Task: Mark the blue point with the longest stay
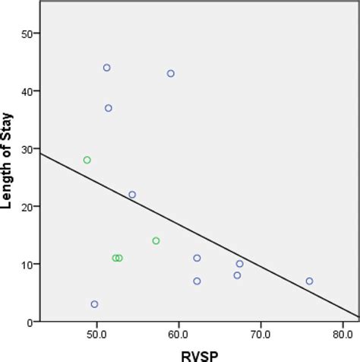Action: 107,68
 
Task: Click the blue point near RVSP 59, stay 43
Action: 171,74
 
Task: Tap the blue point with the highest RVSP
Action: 309,281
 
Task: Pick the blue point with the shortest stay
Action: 94,304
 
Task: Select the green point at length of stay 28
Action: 87,160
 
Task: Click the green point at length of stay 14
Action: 156,241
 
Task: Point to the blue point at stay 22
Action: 132,195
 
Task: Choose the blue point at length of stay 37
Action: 109,108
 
